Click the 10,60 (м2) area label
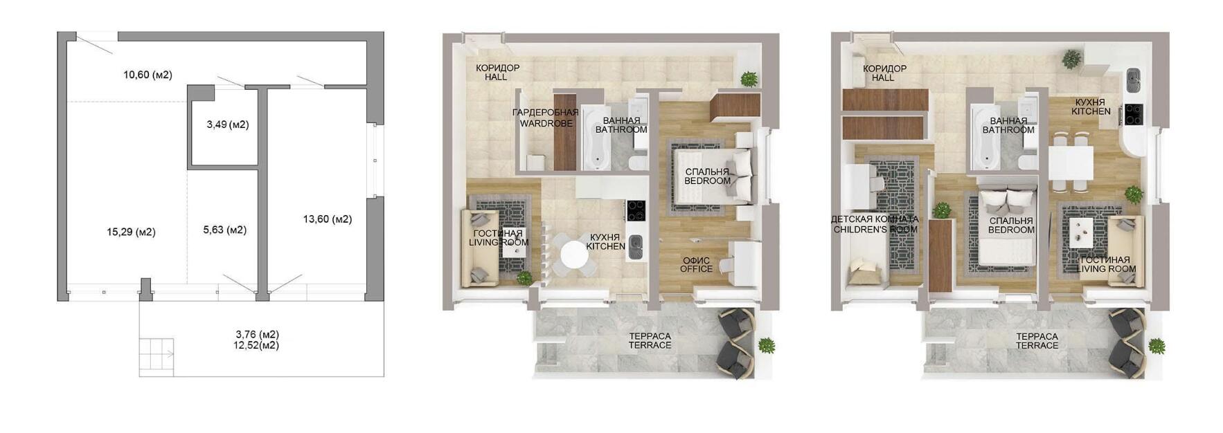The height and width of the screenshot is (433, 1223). point(148,75)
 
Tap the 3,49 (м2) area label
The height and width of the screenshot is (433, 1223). point(228,125)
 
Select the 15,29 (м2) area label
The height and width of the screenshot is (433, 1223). point(132,232)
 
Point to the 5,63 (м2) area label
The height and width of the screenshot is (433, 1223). point(225,230)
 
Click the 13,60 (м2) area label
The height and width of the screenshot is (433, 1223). point(328,219)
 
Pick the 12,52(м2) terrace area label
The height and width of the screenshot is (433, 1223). point(257,345)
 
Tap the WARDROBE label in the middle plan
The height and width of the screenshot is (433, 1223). point(546,123)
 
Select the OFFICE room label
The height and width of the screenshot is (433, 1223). point(697,269)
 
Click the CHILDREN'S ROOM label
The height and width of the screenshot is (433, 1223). point(875,230)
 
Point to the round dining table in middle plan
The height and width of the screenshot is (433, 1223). point(574,255)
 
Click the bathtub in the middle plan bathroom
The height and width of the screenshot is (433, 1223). point(596,138)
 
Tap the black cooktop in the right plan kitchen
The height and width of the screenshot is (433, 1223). point(1134,114)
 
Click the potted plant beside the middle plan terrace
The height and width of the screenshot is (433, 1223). point(766,346)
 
